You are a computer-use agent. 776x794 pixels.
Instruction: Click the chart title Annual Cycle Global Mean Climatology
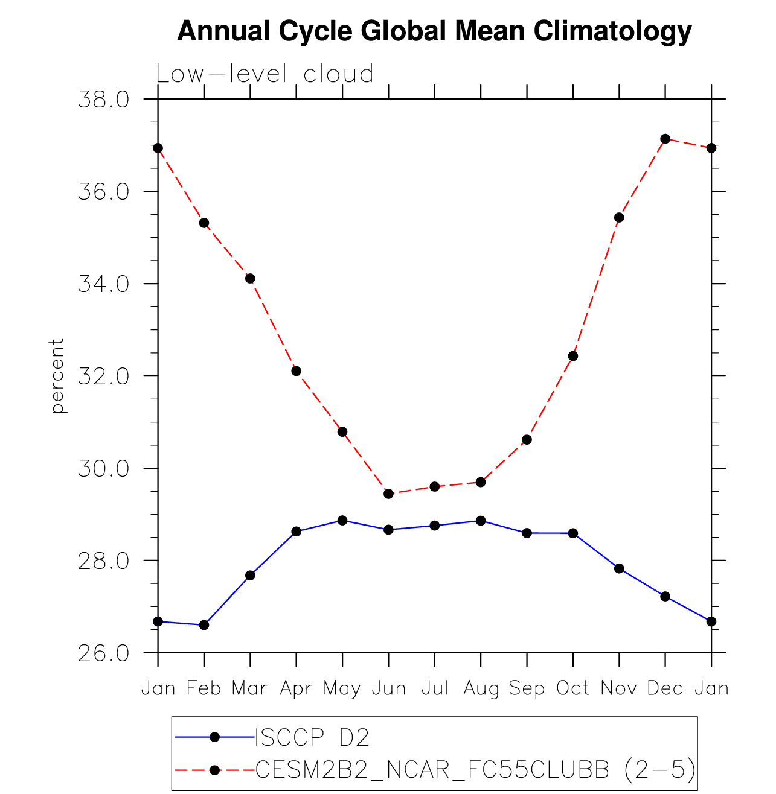[434, 31]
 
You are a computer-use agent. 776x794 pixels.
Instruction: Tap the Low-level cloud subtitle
[265, 74]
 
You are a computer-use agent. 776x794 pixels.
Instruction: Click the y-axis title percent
[57, 376]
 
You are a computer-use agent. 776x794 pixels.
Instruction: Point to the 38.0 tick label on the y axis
[104, 100]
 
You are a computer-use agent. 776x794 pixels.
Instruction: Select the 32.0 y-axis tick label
[104, 376]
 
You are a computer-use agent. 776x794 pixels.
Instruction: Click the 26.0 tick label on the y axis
[104, 653]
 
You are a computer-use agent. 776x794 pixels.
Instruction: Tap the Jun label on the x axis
[388, 688]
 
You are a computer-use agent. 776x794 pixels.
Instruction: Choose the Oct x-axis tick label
[572, 688]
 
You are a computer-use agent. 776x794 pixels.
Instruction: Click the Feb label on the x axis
[204, 688]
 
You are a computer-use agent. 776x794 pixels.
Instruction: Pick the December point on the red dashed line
[665, 139]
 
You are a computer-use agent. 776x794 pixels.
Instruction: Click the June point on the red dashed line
[388, 494]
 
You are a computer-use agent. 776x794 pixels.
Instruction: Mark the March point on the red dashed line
[250, 278]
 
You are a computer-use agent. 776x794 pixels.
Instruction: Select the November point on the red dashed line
[619, 217]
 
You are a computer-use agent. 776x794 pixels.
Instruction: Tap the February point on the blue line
[204, 625]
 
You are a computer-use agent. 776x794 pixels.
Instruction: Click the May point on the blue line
[342, 520]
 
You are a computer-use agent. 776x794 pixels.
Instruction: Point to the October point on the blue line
[572, 533]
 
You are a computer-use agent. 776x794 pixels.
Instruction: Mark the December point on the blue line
[665, 596]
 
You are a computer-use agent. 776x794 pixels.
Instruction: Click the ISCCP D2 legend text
[312, 737]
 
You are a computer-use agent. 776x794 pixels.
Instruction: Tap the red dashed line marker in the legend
[214, 770]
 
